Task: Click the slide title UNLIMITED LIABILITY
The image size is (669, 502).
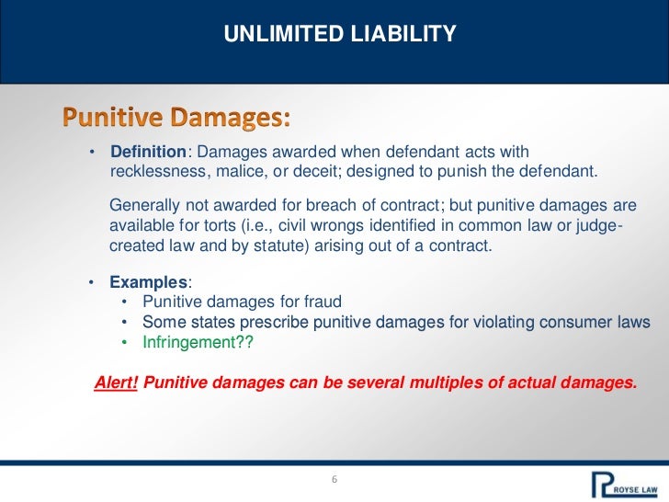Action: (340, 35)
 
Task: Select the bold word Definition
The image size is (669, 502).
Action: (149, 152)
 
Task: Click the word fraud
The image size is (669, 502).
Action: (323, 302)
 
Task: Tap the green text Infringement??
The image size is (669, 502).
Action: (198, 343)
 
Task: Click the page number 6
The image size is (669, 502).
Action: (334, 480)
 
